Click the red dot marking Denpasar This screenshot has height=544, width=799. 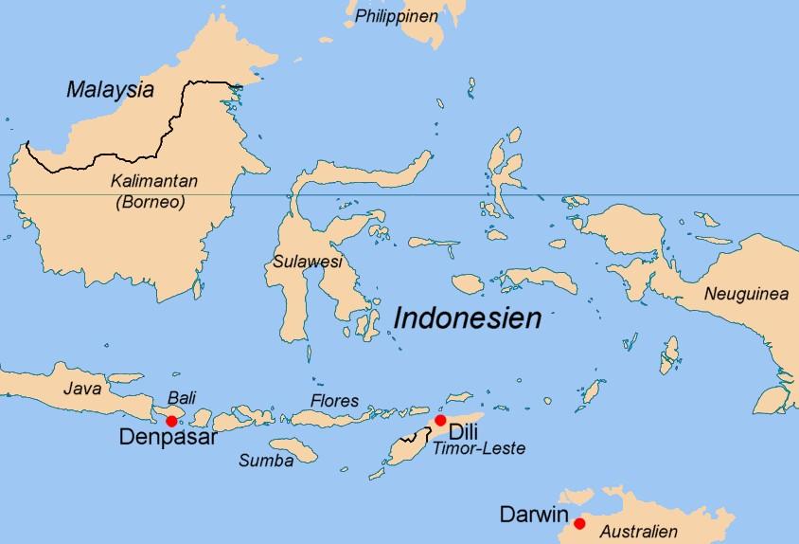point(171,421)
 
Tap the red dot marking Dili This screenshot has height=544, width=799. point(440,420)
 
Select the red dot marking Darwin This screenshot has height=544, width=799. point(579,522)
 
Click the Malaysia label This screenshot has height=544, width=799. point(110,91)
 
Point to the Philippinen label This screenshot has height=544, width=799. point(397,16)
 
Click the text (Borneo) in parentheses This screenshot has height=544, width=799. point(150,201)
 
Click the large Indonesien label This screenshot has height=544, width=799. point(467,318)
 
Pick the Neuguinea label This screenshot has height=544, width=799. point(746,295)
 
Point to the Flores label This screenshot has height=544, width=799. point(335,401)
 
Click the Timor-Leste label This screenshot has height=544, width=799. point(478,449)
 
